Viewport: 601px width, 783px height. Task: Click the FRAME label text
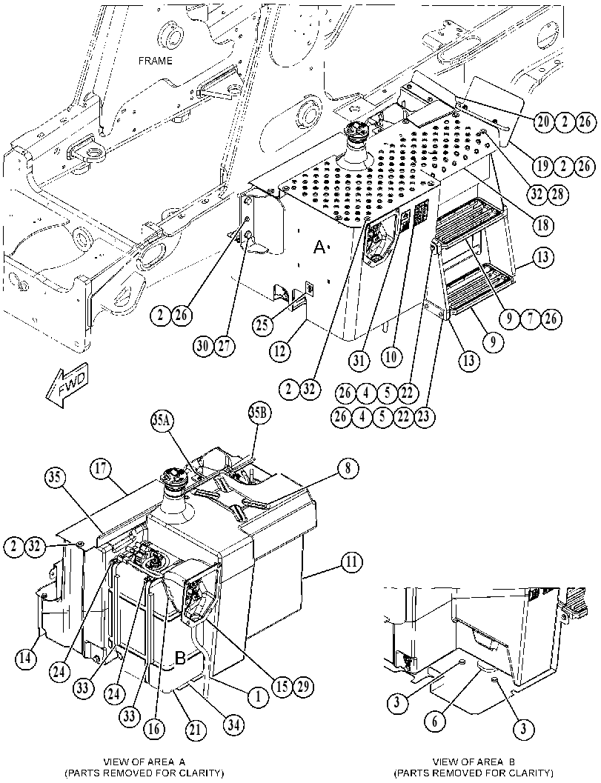[155, 61]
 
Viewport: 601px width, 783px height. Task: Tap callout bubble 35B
[259, 413]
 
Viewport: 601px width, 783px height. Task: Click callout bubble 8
[348, 468]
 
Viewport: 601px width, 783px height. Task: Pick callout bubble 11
[352, 563]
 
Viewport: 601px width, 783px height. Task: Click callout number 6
[435, 721]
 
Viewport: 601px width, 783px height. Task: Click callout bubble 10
[391, 358]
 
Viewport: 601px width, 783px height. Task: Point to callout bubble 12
[279, 352]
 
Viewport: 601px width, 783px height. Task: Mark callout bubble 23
[424, 416]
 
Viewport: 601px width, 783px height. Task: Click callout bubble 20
[543, 121]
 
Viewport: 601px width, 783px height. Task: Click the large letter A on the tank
[319, 247]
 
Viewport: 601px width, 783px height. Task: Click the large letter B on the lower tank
[180, 658]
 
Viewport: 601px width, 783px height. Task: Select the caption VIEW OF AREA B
[474, 762]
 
